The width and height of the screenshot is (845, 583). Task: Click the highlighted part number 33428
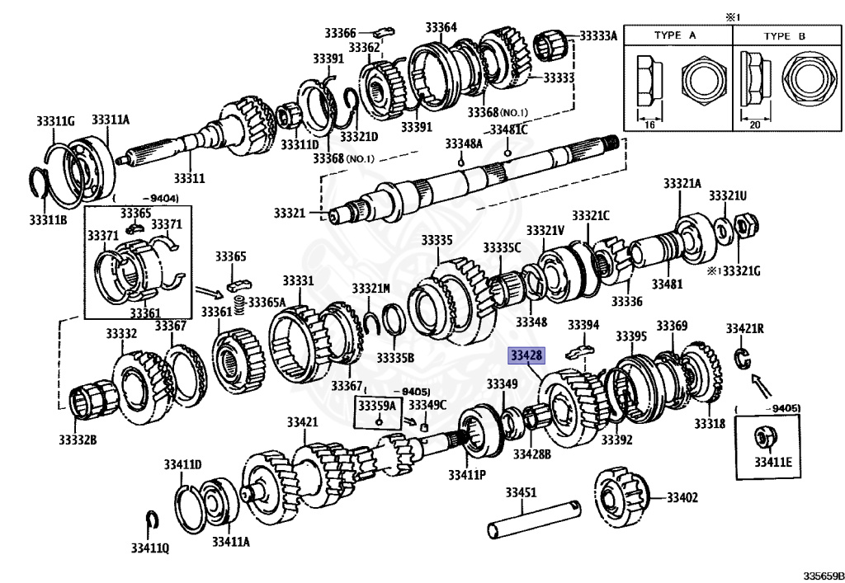click(526, 355)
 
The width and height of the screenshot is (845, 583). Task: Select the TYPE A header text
click(675, 35)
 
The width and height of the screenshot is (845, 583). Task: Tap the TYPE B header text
click(785, 36)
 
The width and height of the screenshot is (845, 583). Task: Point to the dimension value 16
click(650, 125)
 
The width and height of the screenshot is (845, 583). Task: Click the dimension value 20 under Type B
click(755, 125)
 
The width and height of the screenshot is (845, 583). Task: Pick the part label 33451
click(521, 492)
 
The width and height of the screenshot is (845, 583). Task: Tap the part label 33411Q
click(150, 548)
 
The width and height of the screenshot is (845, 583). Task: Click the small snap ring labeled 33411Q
click(152, 521)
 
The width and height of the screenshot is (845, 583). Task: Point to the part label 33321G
click(741, 270)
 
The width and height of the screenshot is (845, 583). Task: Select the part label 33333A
click(598, 36)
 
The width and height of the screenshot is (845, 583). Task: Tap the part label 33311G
click(55, 121)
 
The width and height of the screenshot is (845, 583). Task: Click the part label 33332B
click(78, 440)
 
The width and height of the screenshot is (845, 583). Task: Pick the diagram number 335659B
click(824, 576)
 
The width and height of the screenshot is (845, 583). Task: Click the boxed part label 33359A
click(376, 405)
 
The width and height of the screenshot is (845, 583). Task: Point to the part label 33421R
click(745, 328)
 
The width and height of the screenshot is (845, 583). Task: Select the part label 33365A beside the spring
click(267, 302)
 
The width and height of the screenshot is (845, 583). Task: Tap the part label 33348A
click(464, 143)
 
